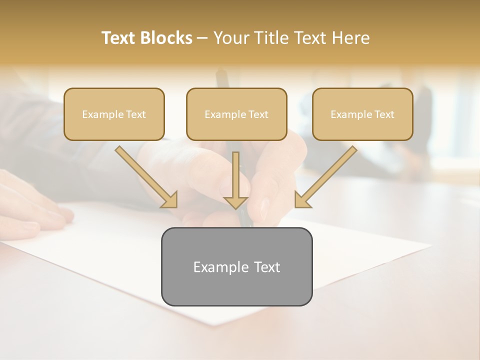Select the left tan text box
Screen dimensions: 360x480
point(114,114)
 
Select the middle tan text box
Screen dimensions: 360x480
point(236,114)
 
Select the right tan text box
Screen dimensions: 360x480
point(362,114)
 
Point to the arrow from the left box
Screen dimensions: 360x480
point(145,175)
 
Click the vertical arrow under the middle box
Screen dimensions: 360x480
point(235,180)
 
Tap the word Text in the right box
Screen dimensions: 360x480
point(384,114)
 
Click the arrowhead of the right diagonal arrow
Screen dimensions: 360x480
point(302,199)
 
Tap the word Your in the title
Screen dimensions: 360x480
point(231,38)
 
